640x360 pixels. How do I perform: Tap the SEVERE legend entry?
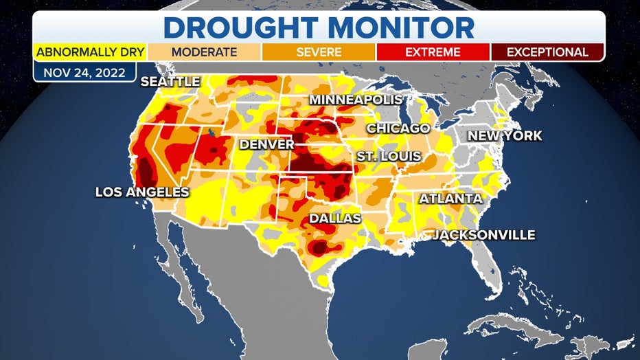click(x=319, y=52)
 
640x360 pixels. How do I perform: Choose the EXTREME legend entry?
click(x=433, y=52)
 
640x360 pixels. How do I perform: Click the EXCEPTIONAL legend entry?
click(x=547, y=52)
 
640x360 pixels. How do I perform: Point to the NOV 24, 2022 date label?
click(x=84, y=72)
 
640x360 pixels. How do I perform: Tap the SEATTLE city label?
click(x=170, y=82)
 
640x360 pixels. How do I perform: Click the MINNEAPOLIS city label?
click(x=356, y=100)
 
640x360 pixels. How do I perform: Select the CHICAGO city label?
click(x=398, y=128)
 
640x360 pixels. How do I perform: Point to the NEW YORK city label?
click(x=505, y=136)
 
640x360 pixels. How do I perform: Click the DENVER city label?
click(x=266, y=145)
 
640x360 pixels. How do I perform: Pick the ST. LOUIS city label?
click(x=389, y=157)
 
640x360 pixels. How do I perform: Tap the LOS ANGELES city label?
click(x=141, y=192)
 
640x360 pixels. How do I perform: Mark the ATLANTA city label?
click(x=450, y=199)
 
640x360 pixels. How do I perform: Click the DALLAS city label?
click(x=334, y=218)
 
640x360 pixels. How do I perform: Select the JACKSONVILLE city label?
click(x=483, y=235)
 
